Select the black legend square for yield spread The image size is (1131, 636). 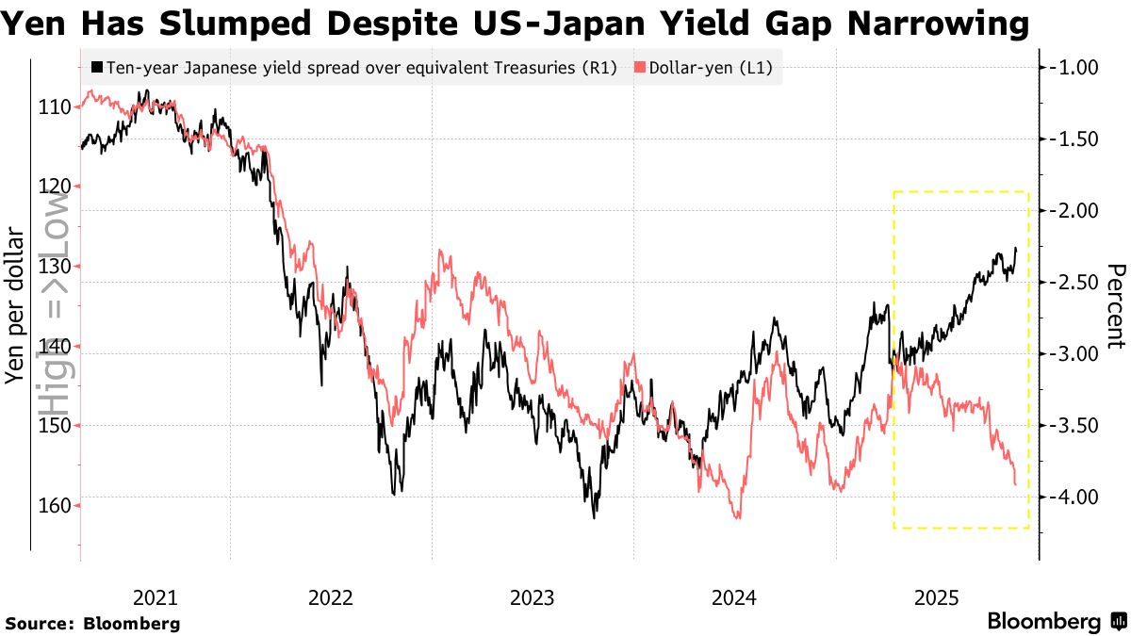(x=97, y=68)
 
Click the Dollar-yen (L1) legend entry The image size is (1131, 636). (x=701, y=68)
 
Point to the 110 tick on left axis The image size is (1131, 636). (x=57, y=107)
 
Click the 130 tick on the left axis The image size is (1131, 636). (x=57, y=267)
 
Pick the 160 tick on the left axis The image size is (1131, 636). (x=57, y=506)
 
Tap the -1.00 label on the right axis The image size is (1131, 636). (x=1074, y=67)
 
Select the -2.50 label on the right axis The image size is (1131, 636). (x=1074, y=282)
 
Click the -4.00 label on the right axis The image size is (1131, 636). (x=1074, y=497)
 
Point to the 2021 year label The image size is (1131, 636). (x=155, y=597)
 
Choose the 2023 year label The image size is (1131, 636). (x=533, y=597)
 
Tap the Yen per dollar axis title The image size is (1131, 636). (x=15, y=305)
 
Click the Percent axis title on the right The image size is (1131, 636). (x=1115, y=305)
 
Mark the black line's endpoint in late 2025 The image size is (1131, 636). (x=1016, y=248)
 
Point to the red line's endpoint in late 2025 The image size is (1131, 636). (x=1015, y=484)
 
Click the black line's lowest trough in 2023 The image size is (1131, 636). (x=594, y=517)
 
